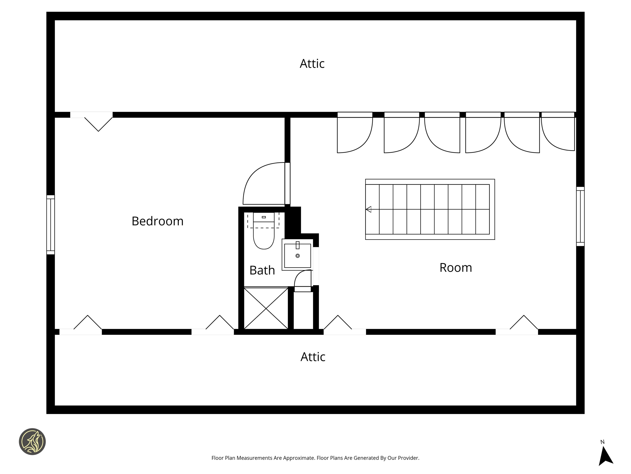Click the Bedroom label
click(158, 221)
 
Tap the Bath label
click(262, 270)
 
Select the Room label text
click(456, 268)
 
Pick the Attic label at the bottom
click(313, 357)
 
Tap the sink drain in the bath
click(298, 256)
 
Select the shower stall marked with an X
click(266, 308)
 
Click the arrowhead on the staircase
click(368, 209)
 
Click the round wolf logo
click(32, 441)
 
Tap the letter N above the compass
click(602, 442)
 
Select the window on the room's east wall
click(580, 216)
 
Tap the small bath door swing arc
click(298, 274)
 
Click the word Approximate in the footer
click(299, 458)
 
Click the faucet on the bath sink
click(298, 245)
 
